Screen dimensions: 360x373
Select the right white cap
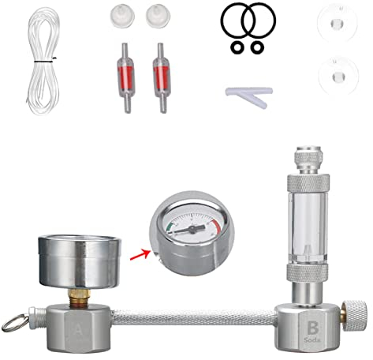[x=155, y=14]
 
